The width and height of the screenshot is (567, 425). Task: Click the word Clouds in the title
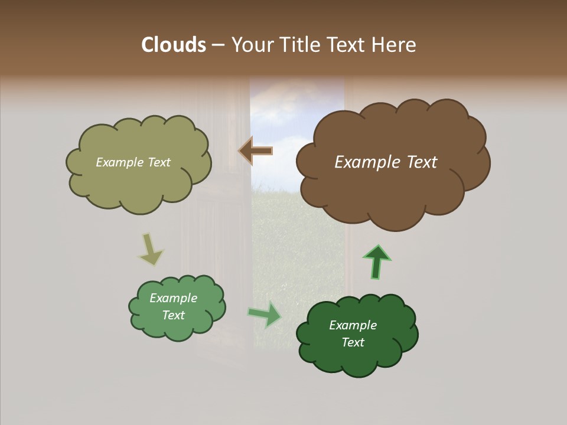pyautogui.click(x=173, y=45)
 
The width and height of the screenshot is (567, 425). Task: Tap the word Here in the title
pyautogui.click(x=394, y=45)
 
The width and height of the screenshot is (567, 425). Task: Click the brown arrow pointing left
pyautogui.click(x=255, y=152)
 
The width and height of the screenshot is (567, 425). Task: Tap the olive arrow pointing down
pyautogui.click(x=150, y=250)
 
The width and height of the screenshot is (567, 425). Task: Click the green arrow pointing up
pyautogui.click(x=376, y=261)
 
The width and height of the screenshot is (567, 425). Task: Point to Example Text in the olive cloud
pyautogui.click(x=133, y=162)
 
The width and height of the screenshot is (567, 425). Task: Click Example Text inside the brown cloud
pyautogui.click(x=386, y=162)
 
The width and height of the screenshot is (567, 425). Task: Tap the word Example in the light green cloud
pyautogui.click(x=173, y=298)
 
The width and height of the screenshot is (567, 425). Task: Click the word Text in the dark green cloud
pyautogui.click(x=353, y=342)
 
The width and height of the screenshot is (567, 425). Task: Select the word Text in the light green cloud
pyautogui.click(x=173, y=315)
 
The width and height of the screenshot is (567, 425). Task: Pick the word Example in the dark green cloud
pyautogui.click(x=353, y=325)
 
